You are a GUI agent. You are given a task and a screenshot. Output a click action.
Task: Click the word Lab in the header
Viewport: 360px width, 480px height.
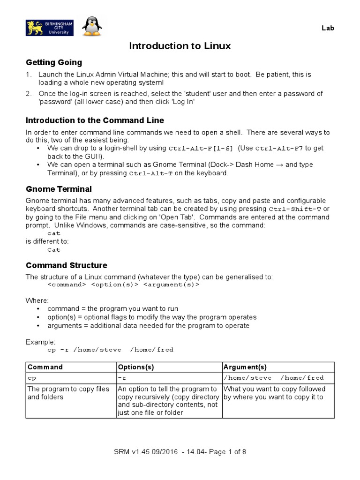[328, 28]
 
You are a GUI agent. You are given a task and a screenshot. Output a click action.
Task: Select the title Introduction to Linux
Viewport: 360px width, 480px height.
[180, 46]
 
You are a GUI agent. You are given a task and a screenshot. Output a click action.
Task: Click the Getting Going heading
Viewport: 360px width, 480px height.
[54, 62]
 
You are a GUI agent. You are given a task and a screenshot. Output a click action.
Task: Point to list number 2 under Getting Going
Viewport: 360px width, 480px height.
[29, 94]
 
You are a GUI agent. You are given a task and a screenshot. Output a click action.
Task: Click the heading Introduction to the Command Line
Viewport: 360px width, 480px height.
[95, 120]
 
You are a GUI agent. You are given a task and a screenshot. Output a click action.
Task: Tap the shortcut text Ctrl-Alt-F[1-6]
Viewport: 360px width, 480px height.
[201, 149]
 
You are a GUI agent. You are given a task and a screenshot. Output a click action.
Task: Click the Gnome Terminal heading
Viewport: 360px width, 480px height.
[59, 189]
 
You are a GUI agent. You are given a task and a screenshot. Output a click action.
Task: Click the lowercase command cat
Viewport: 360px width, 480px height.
[54, 233]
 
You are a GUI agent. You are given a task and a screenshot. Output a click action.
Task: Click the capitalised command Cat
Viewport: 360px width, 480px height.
[54, 250]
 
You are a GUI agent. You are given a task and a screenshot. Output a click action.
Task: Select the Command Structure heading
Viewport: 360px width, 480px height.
[67, 265]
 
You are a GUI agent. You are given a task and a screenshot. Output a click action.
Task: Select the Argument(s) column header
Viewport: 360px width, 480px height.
[245, 367]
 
